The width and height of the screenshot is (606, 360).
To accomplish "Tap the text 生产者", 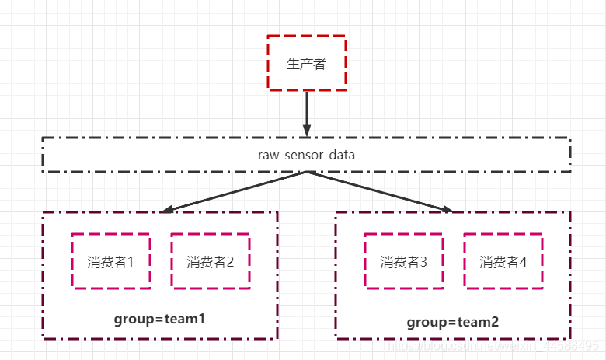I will [306, 64].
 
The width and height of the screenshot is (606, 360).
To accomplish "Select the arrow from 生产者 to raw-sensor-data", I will [307, 109].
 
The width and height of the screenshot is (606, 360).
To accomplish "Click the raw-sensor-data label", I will [306, 155].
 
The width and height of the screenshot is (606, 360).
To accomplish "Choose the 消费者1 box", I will [111, 261].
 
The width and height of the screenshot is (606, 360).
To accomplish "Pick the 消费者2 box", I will [211, 261].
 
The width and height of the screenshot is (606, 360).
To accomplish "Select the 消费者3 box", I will [404, 262].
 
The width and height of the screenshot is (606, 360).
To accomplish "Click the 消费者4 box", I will [503, 262].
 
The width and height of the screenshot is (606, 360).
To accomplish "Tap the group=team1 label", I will [159, 319].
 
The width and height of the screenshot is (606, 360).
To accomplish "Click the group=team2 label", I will [452, 321].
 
